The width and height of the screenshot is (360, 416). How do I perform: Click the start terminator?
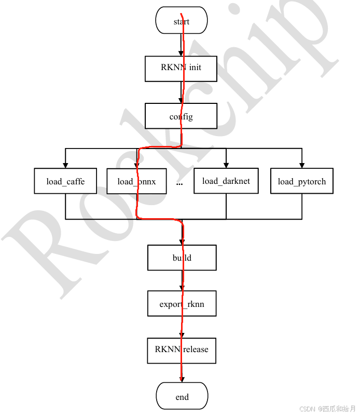pyautogui.click(x=182, y=21)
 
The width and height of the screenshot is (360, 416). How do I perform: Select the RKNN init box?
pyautogui.click(x=181, y=68)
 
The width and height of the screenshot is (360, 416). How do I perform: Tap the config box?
pyautogui.click(x=181, y=116)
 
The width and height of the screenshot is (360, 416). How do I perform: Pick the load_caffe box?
pyautogui.click(x=65, y=181)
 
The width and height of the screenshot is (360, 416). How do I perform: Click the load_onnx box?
pyautogui.click(x=136, y=181)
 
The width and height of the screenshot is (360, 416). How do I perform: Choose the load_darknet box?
pyautogui.click(x=226, y=181)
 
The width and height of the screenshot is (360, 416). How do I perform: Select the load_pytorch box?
pyautogui.click(x=302, y=181)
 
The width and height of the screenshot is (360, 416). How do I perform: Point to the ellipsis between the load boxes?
pyautogui.click(x=179, y=183)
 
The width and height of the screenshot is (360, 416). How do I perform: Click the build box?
pyautogui.click(x=182, y=258)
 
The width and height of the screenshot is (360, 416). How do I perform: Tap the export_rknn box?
pyautogui.click(x=182, y=304)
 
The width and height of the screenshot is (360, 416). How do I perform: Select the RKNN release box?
pyautogui.click(x=182, y=350)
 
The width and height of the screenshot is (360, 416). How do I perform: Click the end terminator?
pyautogui.click(x=182, y=397)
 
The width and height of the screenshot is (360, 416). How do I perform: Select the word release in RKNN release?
pyautogui.click(x=195, y=350)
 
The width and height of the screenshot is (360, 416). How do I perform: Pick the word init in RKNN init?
pyautogui.click(x=195, y=68)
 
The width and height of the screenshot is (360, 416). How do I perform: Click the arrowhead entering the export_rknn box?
pyautogui.click(x=182, y=288)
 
